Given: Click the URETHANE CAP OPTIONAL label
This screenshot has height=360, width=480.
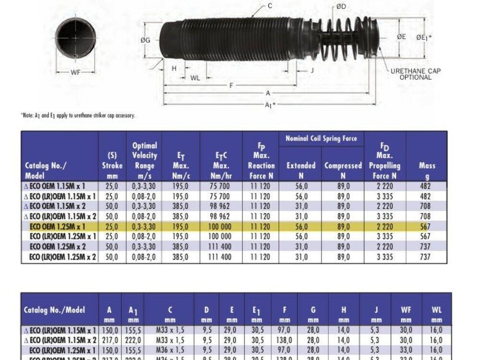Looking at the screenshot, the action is point(415,74).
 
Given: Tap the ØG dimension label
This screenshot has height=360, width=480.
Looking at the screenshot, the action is point(145,40).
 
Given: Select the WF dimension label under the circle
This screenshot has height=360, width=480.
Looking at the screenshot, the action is point(75,72).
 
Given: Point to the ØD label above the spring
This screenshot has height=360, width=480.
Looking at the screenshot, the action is point(341,6).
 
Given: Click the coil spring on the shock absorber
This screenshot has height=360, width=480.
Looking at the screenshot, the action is point(342,38).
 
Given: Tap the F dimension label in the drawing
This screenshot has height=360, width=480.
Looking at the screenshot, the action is point(231,85).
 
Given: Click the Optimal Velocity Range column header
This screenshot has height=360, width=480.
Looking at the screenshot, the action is point(144,160).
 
